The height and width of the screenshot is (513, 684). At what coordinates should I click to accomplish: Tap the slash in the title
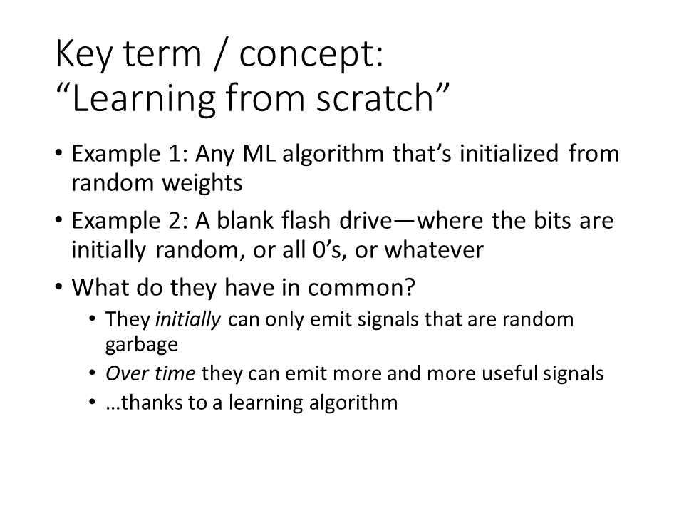pyautogui.click(x=222, y=55)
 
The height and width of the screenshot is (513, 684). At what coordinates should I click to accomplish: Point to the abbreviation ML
pyautogui.click(x=259, y=154)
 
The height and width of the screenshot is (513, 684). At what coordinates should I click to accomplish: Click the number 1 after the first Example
pyautogui.click(x=174, y=154)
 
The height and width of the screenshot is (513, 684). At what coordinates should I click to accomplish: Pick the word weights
pyautogui.click(x=202, y=183)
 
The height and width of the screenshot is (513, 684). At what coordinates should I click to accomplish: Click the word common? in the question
pyautogui.click(x=362, y=288)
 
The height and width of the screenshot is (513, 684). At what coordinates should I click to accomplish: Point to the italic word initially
pyautogui.click(x=188, y=320)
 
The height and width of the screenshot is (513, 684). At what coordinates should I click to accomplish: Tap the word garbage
pyautogui.click(x=142, y=345)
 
